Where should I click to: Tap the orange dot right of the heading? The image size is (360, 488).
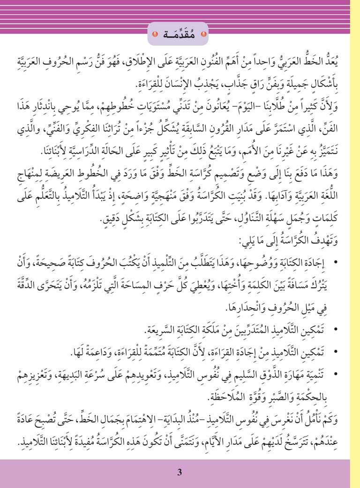[x=202, y=35]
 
